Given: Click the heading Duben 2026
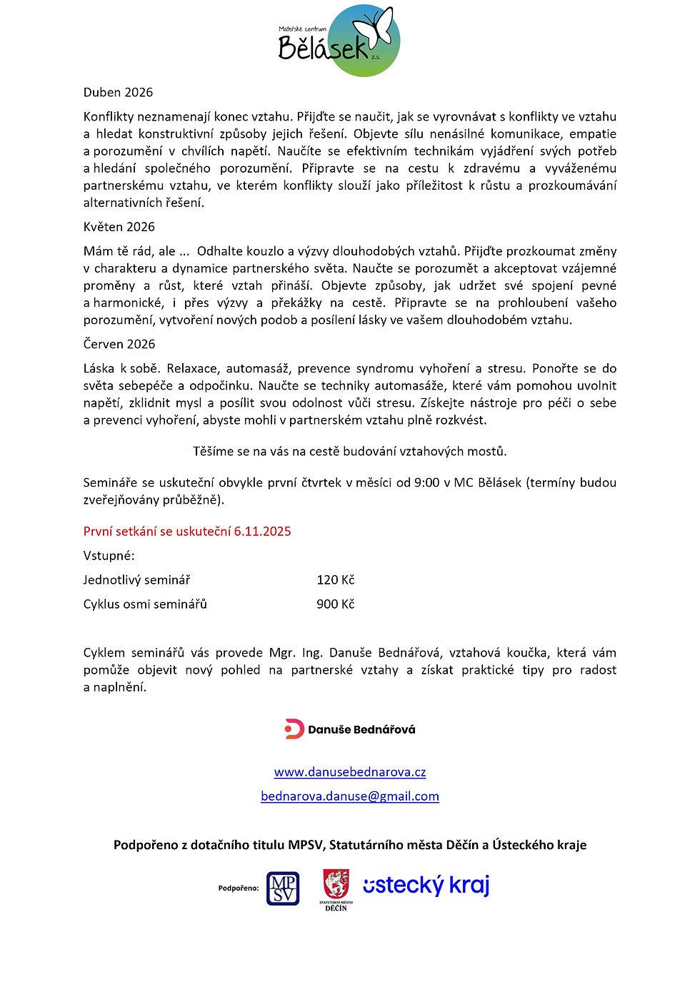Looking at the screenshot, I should point(118,92).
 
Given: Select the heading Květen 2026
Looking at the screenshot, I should point(119,227).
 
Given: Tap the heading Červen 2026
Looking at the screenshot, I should point(119,344).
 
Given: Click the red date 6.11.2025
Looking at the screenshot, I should point(262,531).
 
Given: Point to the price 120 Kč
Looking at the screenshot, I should point(335,579).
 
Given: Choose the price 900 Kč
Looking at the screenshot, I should point(335,604).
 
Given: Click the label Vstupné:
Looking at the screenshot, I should point(109,555).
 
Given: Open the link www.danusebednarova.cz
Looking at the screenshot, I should point(350,771).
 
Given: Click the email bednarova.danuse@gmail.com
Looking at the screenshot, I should point(350,796).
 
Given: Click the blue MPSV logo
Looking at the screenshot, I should point(283,888).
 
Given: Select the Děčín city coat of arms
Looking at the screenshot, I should point(336,884).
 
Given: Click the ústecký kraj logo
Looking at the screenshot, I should point(426,886).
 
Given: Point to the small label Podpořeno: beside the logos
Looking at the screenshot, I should point(239,888).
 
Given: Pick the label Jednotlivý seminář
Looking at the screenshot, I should point(136,579).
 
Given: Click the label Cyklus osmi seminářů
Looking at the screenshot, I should point(145,604).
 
